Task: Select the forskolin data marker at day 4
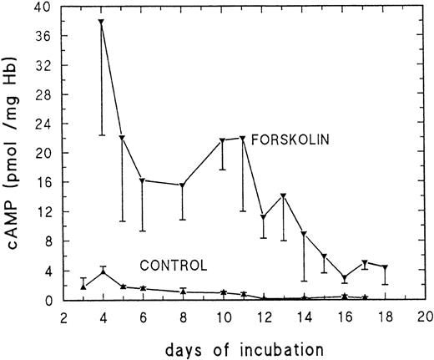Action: (102, 22)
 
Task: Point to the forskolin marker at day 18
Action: (385, 267)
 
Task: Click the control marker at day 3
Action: (83, 286)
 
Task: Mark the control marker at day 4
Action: (103, 272)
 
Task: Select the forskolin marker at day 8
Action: (182, 185)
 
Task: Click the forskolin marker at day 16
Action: (345, 278)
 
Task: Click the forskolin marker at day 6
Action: (142, 180)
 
